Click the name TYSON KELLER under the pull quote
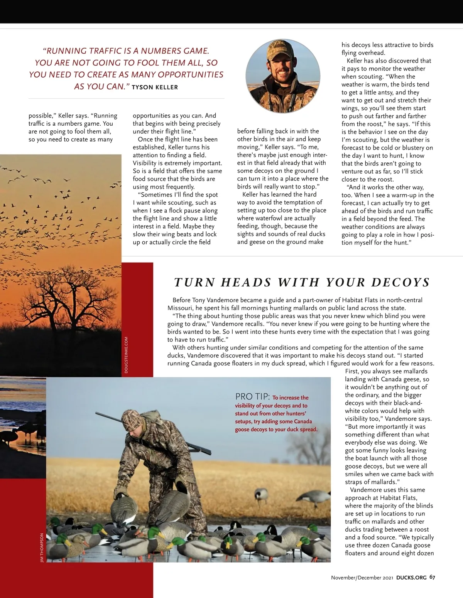pyautogui.click(x=155, y=88)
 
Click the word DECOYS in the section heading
pyautogui.click(x=400, y=283)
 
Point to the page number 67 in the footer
pyautogui.click(x=432, y=578)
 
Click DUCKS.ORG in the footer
pyautogui.click(x=411, y=578)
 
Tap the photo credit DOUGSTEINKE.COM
pyautogui.click(x=126, y=355)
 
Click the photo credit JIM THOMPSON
pyautogui.click(x=42, y=548)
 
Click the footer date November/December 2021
pyautogui.click(x=362, y=578)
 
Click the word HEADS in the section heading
pyautogui.click(x=246, y=283)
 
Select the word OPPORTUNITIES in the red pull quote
pyautogui.click(x=191, y=74)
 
